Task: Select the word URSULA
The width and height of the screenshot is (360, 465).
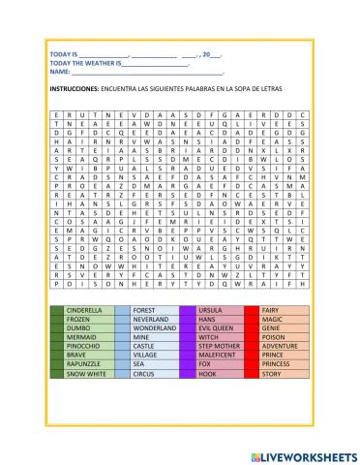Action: pos(210,309)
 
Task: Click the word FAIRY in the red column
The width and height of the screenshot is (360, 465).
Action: pos(271,309)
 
